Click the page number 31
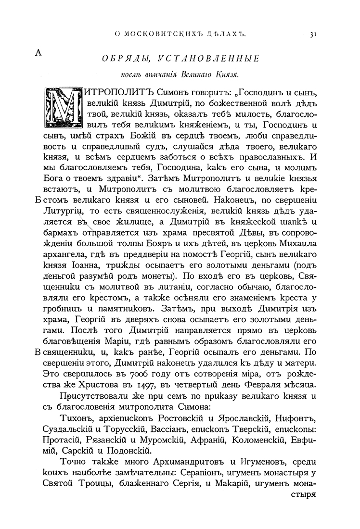[312, 34]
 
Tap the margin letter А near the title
[39, 53]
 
